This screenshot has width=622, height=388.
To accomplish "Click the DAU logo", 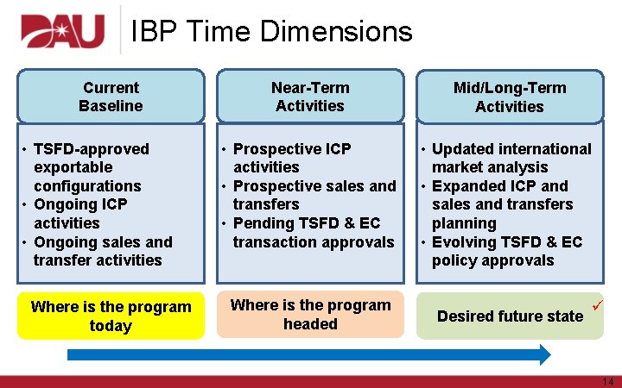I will (62, 32).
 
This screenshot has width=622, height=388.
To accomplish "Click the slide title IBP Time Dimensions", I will (271, 32).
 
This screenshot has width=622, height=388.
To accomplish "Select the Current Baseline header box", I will (111, 97).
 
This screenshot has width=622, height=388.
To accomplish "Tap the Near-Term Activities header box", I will (309, 97).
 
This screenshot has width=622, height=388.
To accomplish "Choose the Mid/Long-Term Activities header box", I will (509, 97).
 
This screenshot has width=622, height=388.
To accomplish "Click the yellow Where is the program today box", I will (111, 316).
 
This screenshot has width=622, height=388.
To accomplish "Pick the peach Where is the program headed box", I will (310, 315).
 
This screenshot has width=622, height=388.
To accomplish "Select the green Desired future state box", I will (510, 316).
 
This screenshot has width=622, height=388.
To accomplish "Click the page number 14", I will (606, 381).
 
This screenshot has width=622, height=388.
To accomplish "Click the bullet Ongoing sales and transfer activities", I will (98, 251).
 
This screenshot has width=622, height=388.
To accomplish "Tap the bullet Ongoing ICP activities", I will (79, 214).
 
